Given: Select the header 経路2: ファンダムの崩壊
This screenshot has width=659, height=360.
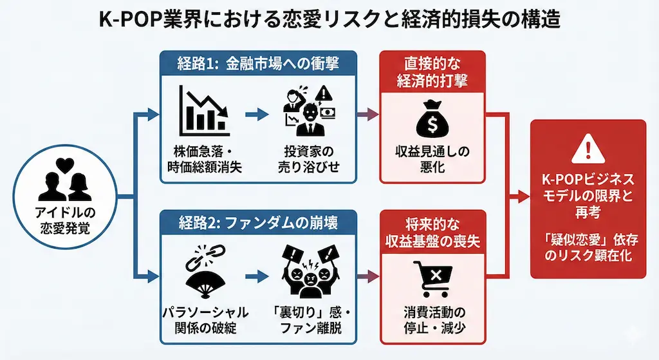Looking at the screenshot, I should click(x=258, y=223).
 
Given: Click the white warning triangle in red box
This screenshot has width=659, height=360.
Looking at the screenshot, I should click(x=588, y=150).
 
